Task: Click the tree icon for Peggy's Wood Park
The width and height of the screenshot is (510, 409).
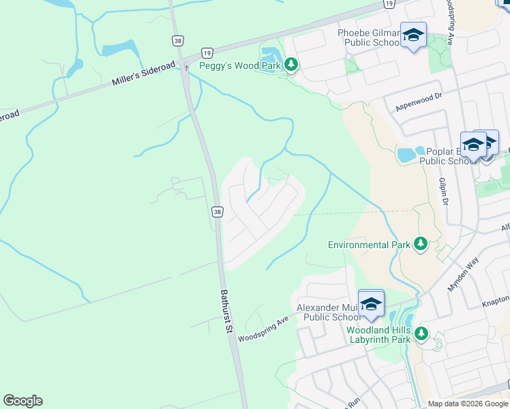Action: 291,64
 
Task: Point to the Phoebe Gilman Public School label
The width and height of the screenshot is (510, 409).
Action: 369,37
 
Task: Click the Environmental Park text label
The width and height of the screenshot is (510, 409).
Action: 368,244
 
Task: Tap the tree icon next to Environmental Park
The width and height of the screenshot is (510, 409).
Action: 421,243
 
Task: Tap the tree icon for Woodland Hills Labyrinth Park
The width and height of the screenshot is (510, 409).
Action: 421,333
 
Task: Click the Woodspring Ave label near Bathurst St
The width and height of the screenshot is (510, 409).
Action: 265,327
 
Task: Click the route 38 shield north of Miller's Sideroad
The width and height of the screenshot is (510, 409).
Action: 178,42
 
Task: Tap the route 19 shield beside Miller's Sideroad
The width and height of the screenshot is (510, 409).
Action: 207,52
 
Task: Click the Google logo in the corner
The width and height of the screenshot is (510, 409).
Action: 22,401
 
